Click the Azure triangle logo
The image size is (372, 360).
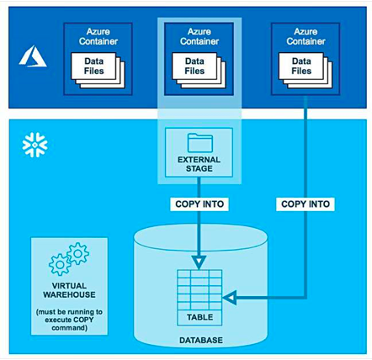[x=33, y=56]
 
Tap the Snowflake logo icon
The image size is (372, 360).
[x=35, y=145]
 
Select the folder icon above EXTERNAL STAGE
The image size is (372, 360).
[x=200, y=143]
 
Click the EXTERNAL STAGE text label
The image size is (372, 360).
[x=199, y=164]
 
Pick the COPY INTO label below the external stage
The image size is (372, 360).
[x=199, y=204]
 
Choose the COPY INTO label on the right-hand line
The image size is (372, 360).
[x=306, y=204]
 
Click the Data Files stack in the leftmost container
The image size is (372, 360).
[x=98, y=71]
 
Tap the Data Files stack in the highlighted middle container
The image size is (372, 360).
[x=199, y=71]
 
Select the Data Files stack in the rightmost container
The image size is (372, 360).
[x=306, y=71]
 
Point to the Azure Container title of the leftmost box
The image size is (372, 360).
[x=98, y=36]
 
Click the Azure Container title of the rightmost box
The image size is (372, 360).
[x=306, y=36]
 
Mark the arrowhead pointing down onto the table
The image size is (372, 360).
[x=199, y=262]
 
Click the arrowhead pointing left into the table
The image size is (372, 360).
[x=230, y=297]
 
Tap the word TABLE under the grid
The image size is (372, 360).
[x=200, y=317]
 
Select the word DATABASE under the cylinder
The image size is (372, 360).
[x=201, y=340]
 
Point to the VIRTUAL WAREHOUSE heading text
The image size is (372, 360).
[x=69, y=290]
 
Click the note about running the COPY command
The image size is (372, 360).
[x=69, y=320]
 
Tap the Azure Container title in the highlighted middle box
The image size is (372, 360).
[x=199, y=36]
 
